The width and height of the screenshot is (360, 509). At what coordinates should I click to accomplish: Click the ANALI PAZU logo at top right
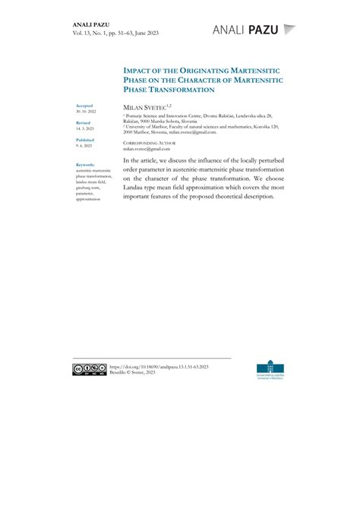pyautogui.click(x=246, y=30)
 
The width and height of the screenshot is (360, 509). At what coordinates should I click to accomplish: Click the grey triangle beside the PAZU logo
pyautogui.click(x=289, y=30)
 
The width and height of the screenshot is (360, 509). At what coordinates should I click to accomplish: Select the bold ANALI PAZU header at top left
pyautogui.click(x=92, y=24)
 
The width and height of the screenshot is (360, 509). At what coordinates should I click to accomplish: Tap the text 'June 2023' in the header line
pyautogui.click(x=145, y=33)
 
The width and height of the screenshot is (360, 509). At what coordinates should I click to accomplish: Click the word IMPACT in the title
pyautogui.click(x=140, y=70)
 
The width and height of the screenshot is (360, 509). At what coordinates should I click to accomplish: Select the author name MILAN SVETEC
pyautogui.click(x=146, y=109)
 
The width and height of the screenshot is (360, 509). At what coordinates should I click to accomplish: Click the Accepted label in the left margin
pyautogui.click(x=84, y=106)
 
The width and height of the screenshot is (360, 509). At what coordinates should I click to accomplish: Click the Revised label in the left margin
pyautogui.click(x=84, y=123)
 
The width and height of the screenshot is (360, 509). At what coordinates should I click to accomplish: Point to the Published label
pyautogui.click(x=85, y=140)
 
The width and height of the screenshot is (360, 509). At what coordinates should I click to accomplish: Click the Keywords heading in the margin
pyautogui.click(x=86, y=164)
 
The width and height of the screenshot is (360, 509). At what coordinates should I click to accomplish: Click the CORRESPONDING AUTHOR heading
pyautogui.click(x=149, y=143)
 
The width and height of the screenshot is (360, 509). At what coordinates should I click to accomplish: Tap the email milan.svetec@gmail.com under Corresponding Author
pyautogui.click(x=147, y=149)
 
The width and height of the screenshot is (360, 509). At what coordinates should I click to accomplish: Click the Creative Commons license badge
pyautogui.click(x=90, y=369)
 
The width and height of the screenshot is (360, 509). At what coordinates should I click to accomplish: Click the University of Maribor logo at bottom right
pyautogui.click(x=272, y=370)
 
